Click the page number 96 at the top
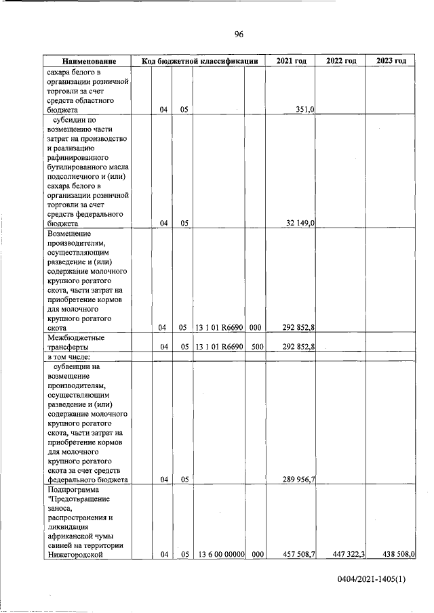(x=239, y=35)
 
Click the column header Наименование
(x=87, y=62)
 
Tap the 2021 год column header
(x=292, y=62)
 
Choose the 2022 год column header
(x=341, y=62)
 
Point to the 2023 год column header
(x=391, y=62)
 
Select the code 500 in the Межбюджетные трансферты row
(x=255, y=347)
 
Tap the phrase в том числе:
(x=73, y=357)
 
